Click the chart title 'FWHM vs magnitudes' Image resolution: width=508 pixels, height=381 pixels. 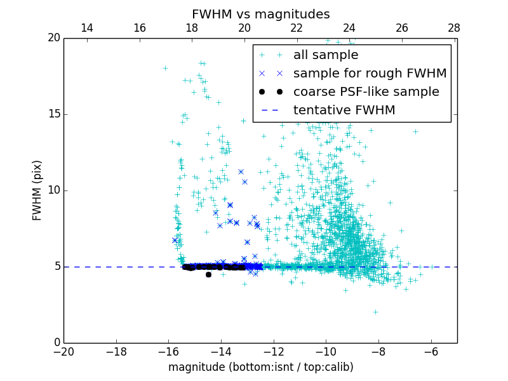tap(260, 14)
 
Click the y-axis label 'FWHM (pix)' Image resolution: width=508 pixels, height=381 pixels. tap(37, 190)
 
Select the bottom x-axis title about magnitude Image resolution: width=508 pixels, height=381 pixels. tap(260, 367)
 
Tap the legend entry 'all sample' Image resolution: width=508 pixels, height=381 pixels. tap(325, 55)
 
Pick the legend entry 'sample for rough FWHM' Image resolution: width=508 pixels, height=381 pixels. tap(370, 74)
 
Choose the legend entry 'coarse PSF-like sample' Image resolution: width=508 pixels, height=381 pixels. tap(366, 92)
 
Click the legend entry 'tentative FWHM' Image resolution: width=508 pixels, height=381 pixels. tap(344, 110)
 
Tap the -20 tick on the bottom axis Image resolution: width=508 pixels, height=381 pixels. tap(63, 351)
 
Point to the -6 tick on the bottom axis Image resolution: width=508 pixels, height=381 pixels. tap(431, 351)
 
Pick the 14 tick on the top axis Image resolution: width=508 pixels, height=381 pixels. tap(87, 28)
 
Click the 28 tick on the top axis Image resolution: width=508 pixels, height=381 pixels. tap(454, 28)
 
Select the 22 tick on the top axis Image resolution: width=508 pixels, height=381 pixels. tap(297, 28)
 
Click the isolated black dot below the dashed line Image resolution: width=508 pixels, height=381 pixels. tap(208, 274)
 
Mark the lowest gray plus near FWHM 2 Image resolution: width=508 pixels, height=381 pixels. tap(375, 312)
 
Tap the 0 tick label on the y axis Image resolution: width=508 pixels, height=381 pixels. tap(56, 343)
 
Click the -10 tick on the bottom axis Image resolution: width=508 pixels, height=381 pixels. tap(326, 351)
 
